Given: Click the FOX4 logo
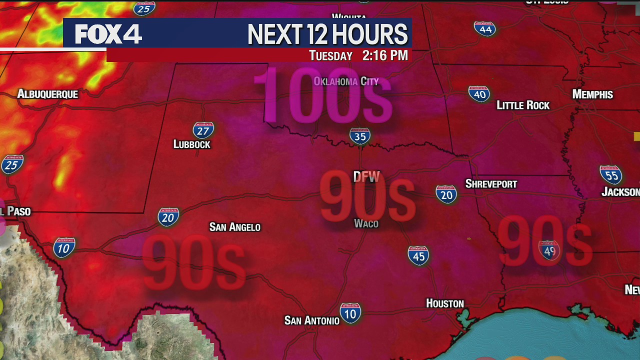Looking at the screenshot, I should (x=108, y=34).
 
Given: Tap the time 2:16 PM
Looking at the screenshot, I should (x=385, y=55).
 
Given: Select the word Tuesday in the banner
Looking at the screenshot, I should (x=330, y=55).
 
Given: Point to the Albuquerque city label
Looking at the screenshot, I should (x=47, y=94).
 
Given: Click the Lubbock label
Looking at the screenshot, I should (x=192, y=144).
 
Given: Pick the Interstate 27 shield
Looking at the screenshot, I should (x=203, y=130).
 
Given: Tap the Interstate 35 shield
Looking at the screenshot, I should (x=359, y=135).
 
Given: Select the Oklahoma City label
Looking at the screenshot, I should (x=346, y=81).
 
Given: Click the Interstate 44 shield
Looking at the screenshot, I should (x=485, y=28).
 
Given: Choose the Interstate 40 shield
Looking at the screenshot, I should (x=479, y=93).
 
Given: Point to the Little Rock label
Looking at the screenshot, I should (x=523, y=105).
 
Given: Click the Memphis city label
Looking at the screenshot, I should (x=592, y=94).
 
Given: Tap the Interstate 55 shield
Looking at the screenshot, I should (x=610, y=174).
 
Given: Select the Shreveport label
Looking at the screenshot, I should (x=491, y=183).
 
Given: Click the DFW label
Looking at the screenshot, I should (x=366, y=176).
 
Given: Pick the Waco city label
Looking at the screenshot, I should (x=366, y=223).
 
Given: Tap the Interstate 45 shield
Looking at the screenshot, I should (x=418, y=255).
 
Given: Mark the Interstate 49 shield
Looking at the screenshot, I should (x=549, y=250).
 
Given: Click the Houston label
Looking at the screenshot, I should (x=445, y=303).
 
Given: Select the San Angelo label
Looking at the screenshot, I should (x=234, y=227).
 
